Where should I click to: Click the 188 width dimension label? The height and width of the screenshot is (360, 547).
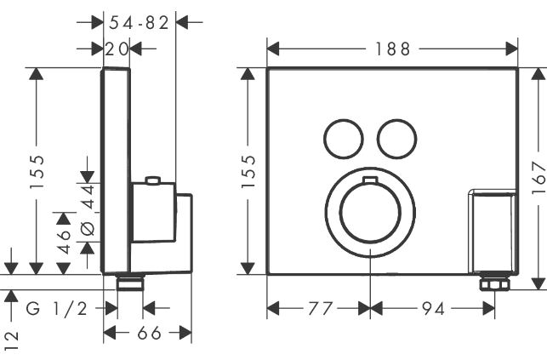[x=392, y=49]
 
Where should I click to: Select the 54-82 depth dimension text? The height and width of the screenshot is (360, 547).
[x=139, y=23]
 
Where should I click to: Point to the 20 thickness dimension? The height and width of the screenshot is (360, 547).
[x=117, y=49]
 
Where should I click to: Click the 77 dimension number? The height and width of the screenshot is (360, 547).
[x=320, y=309]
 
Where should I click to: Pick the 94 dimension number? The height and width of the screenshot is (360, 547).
[x=433, y=309]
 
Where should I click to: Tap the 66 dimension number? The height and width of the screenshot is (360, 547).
[x=150, y=333]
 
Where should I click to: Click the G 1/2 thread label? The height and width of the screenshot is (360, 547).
[x=56, y=309]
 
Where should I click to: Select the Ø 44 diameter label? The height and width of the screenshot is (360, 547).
[x=88, y=211]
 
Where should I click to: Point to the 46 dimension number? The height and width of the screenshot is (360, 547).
[x=65, y=242]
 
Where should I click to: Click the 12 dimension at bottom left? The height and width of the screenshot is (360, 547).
[x=12, y=341]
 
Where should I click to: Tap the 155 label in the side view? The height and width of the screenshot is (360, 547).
[x=37, y=172]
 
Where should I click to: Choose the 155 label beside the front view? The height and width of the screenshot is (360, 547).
[x=248, y=172]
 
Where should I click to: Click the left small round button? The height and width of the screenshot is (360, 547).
[x=344, y=140]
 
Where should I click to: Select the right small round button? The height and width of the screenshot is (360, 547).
[x=397, y=140]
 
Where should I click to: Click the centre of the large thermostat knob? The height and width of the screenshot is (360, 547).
[x=370, y=213]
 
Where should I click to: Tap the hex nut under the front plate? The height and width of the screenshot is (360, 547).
[x=494, y=283]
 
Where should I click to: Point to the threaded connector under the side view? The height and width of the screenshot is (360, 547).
[x=130, y=283]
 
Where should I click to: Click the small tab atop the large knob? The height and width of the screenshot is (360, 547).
[x=370, y=180]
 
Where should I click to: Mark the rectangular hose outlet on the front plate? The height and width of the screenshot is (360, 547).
[x=493, y=232]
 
